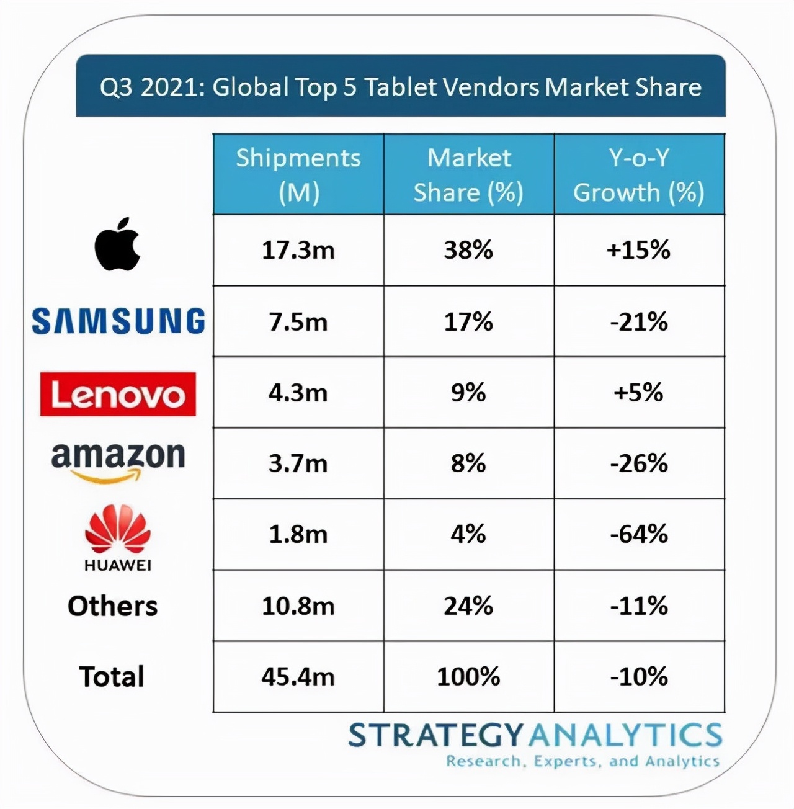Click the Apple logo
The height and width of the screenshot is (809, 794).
(117, 245)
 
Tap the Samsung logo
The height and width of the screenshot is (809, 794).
(118, 321)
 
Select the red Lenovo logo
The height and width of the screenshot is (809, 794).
(118, 394)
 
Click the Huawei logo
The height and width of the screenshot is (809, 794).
(118, 537)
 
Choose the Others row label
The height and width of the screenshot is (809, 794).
(113, 606)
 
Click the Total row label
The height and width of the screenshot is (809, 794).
(112, 677)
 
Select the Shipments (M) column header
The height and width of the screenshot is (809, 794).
(298, 175)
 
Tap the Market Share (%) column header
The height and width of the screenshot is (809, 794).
(469, 175)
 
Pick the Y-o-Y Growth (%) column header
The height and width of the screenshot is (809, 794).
(639, 175)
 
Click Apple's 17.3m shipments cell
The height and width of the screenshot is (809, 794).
(298, 251)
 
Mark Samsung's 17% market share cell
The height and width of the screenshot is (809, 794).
(468, 322)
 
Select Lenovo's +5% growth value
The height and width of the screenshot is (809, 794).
(639, 393)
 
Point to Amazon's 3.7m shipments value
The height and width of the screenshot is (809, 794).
(298, 463)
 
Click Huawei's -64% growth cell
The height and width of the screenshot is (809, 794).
(639, 534)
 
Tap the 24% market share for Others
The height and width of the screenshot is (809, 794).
(468, 606)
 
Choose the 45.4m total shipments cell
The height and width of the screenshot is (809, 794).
(298, 677)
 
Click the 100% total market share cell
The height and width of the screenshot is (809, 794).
(468, 677)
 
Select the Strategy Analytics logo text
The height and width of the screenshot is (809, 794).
(535, 736)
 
